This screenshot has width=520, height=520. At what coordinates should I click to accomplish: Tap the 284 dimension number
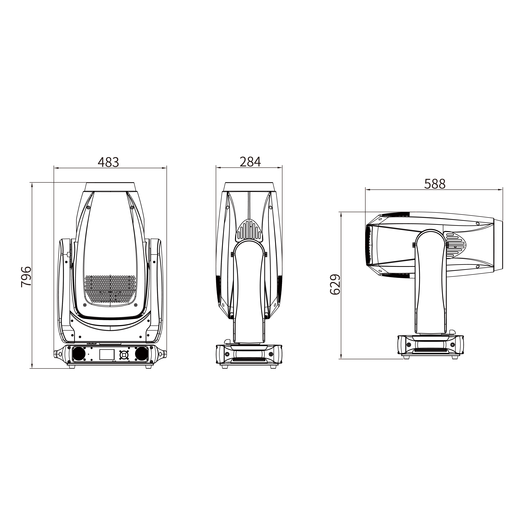(x=250, y=162)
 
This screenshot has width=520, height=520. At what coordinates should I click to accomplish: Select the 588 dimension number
(x=435, y=184)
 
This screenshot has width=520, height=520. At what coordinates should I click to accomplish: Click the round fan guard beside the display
(x=124, y=355)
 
